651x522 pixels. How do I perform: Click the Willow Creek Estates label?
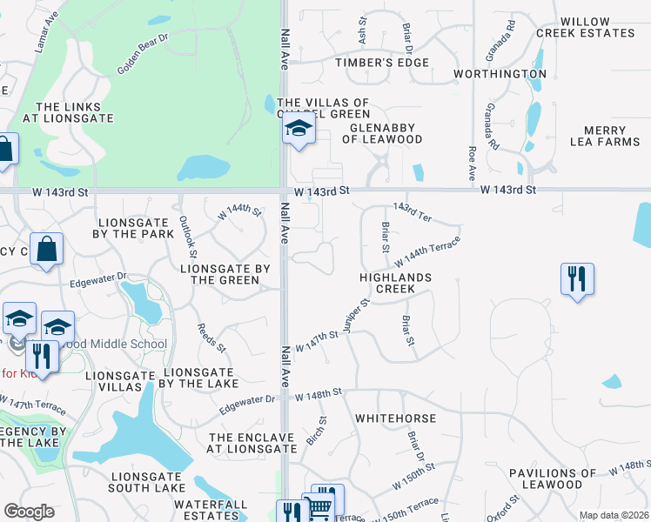(597, 27)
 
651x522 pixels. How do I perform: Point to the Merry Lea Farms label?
(604, 136)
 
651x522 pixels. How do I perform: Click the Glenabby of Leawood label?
(382, 133)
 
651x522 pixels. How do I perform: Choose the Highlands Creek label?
(397, 282)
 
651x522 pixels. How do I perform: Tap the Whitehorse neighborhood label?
(396, 418)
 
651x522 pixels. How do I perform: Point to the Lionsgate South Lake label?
(149, 482)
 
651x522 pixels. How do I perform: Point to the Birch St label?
(316, 431)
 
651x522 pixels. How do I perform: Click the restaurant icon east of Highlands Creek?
(576, 278)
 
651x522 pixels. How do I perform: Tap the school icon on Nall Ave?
(298, 130)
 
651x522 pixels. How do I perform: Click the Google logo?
(29, 512)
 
